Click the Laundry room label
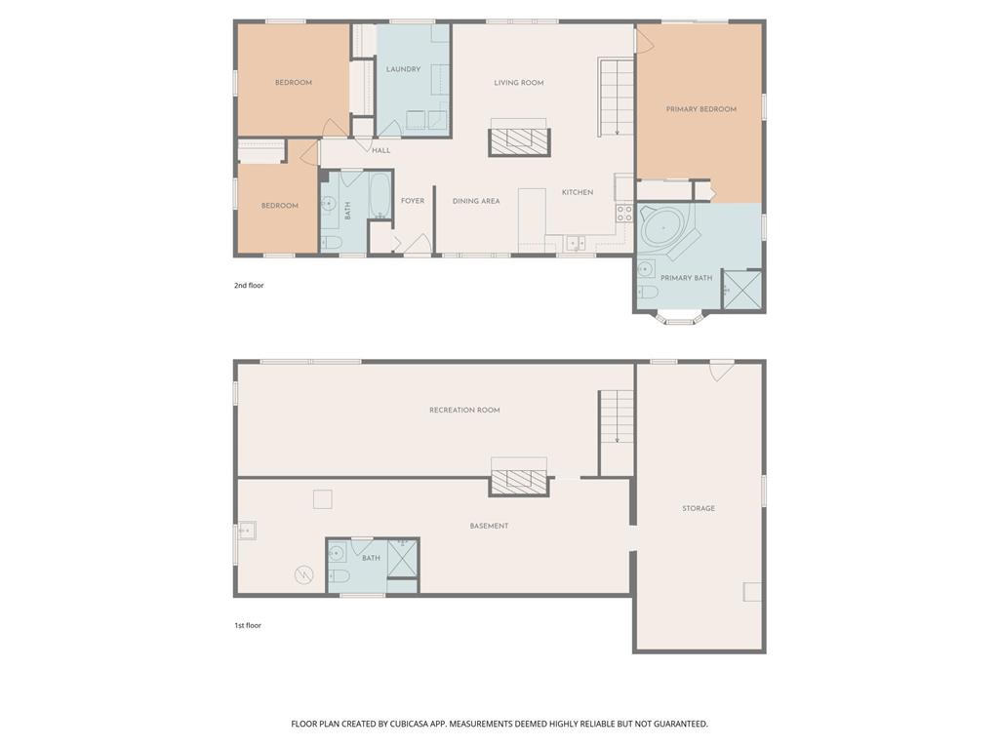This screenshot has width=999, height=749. pos(403,69)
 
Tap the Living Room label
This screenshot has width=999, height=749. pos(519,82)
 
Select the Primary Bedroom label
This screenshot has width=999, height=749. pos(700,109)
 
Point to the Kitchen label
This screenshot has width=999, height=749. pos(578,192)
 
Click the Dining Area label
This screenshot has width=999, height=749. pos(476,201)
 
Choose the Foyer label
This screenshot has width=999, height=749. pos(413,201)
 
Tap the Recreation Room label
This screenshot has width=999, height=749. pos(464,410)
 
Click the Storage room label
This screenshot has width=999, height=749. pos(699,508)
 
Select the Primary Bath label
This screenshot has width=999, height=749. pos(686,278)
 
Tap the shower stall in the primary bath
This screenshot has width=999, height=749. pos(742,290)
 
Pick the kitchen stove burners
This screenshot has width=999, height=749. pos(624,213)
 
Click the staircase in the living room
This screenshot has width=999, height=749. pos(617,97)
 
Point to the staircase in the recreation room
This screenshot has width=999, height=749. pos(617,417)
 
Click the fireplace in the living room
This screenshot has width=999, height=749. pos(519,142)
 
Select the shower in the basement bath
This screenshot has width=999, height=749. pos(403,557)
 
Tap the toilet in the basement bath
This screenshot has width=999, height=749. pos(339,576)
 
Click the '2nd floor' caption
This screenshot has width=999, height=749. pos(249,286)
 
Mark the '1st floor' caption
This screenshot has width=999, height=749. pos(248,625)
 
